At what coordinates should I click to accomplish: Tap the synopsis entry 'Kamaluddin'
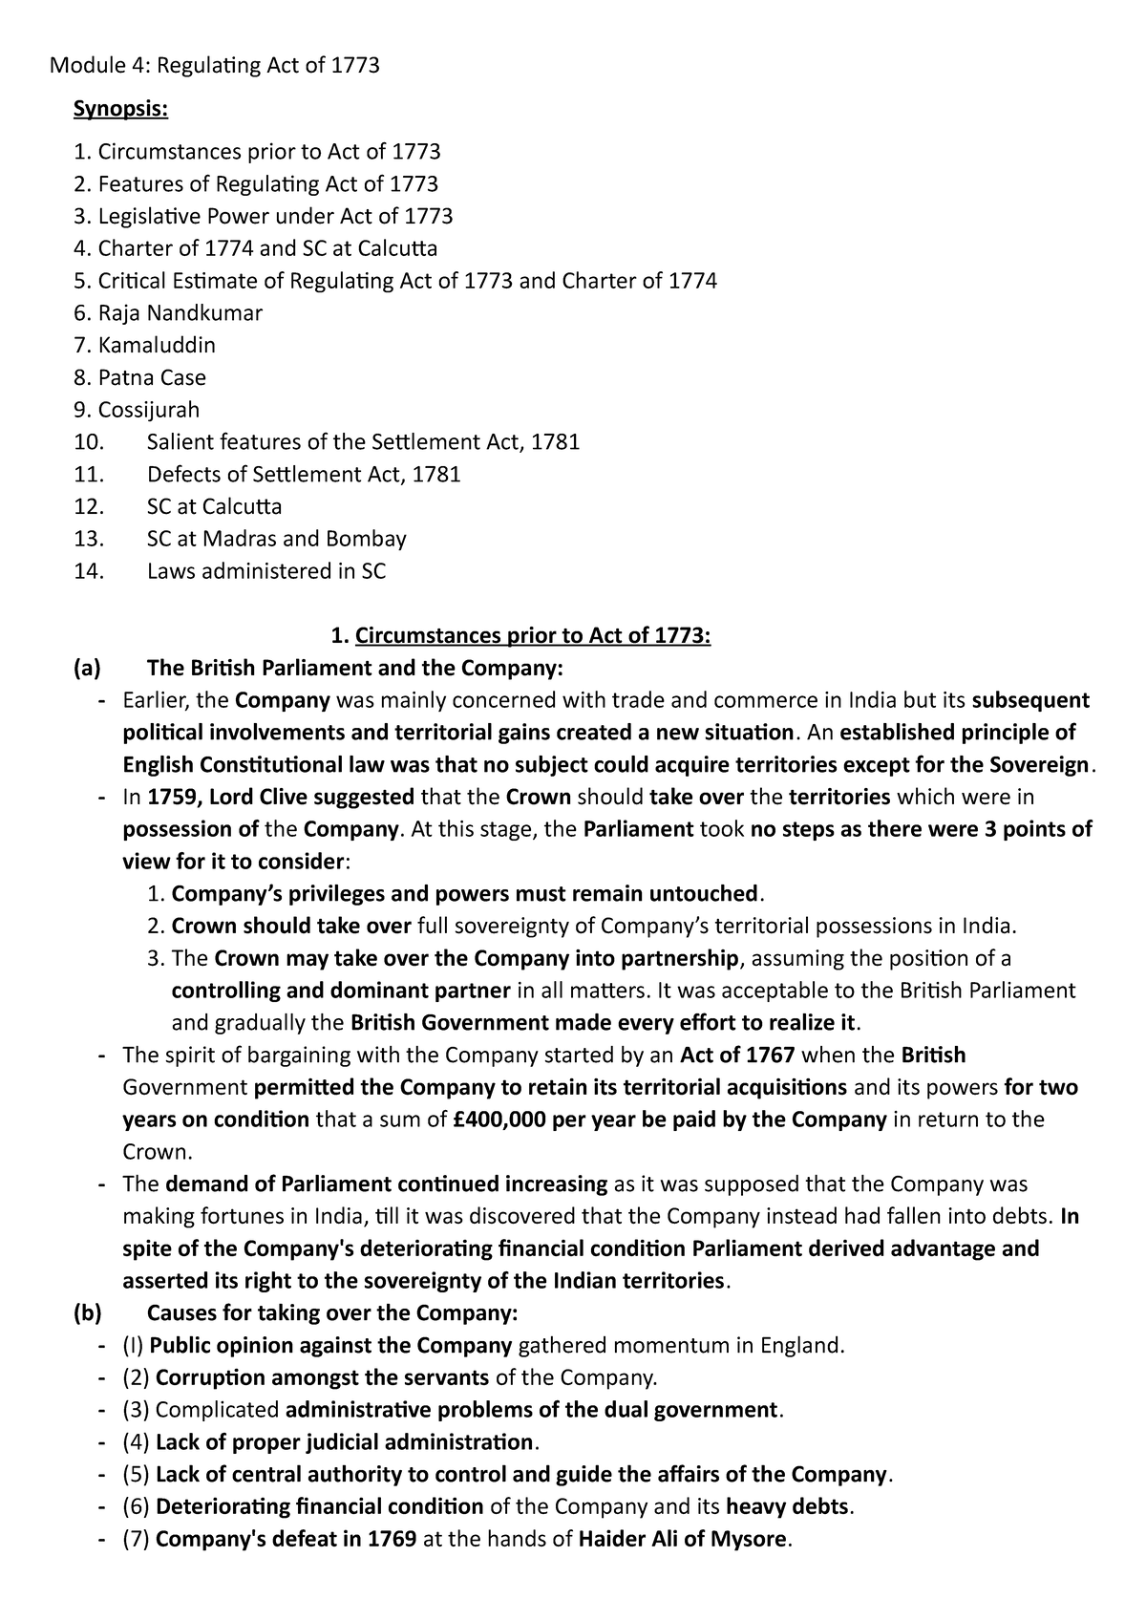click(157, 345)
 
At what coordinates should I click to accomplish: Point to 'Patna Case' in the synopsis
click(152, 377)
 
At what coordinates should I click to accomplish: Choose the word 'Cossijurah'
click(149, 410)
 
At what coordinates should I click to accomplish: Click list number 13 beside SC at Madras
click(88, 539)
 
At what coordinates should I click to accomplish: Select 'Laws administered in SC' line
click(266, 571)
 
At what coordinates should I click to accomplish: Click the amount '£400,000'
click(498, 1120)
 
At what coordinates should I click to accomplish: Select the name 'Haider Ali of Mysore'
click(685, 1540)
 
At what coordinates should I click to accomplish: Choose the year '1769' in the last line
click(392, 1540)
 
